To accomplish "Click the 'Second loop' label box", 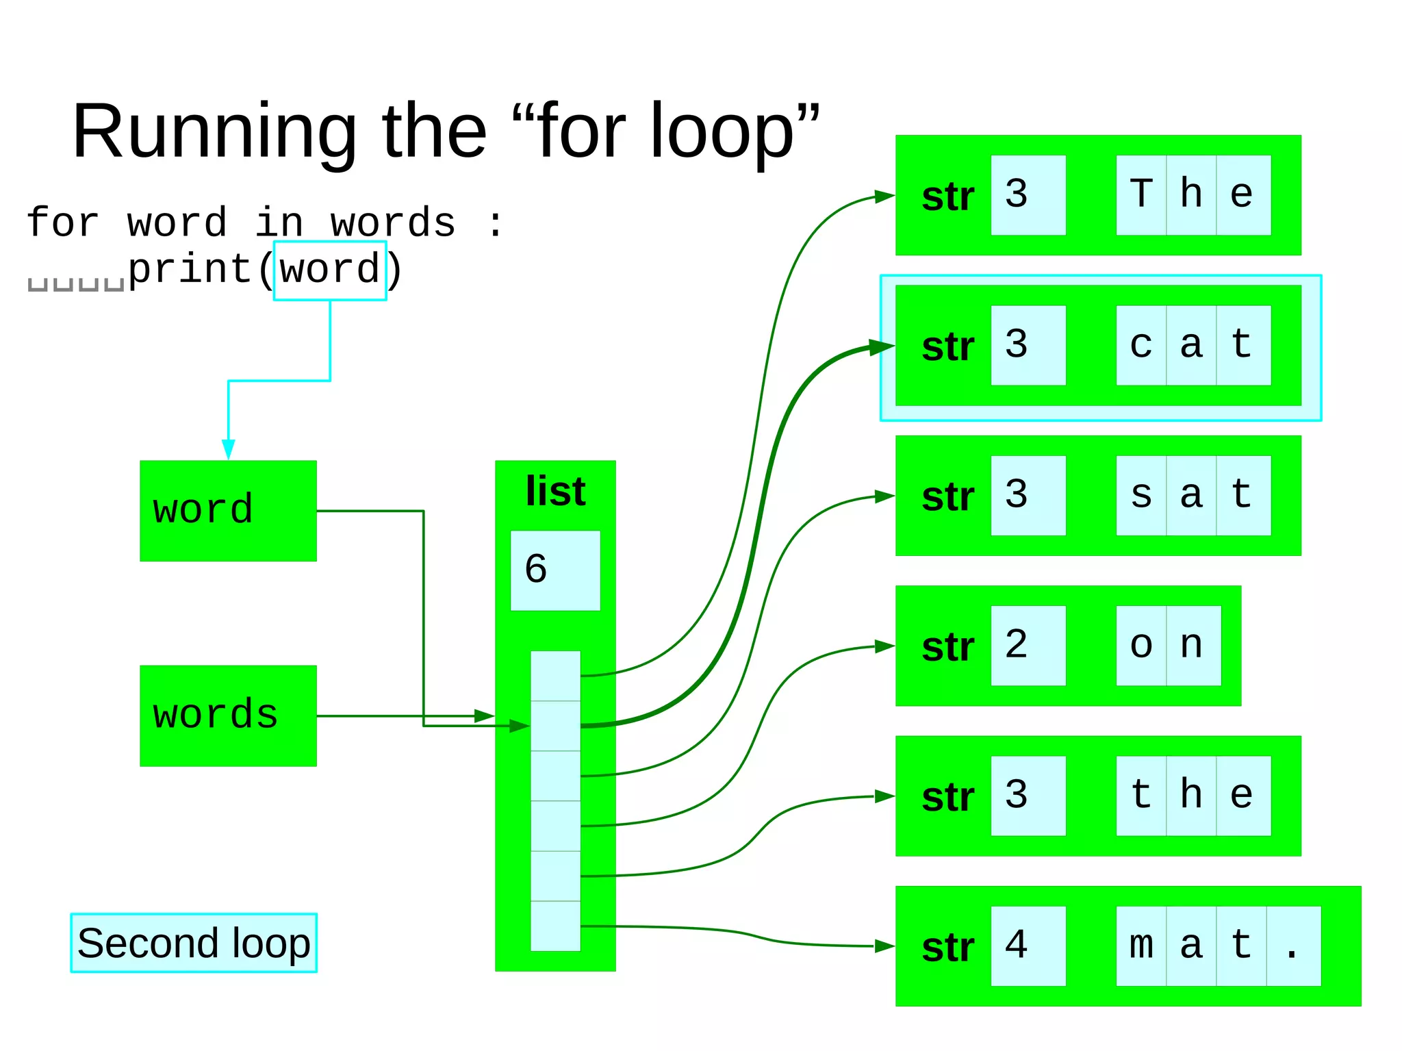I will coord(194,943).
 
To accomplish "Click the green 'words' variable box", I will coord(228,716).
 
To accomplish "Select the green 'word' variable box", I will coord(228,511).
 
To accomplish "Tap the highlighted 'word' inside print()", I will coord(330,270).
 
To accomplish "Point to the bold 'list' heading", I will coord(555,491).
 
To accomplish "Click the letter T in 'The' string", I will coord(1141,194).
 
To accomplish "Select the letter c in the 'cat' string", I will coord(1141,345).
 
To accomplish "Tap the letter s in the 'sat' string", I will coord(1141,495).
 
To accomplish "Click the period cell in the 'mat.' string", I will coord(1292,946).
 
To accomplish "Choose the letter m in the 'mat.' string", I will coord(1141,946).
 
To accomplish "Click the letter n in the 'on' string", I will coord(1192,645).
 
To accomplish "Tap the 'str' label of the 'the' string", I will coord(947,796).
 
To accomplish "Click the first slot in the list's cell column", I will coord(555,676).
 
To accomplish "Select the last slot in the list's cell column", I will coord(555,926).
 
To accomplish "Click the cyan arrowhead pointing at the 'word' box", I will coord(229,450).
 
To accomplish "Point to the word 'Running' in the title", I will coord(214,131).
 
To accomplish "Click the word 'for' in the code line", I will coord(62,223).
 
